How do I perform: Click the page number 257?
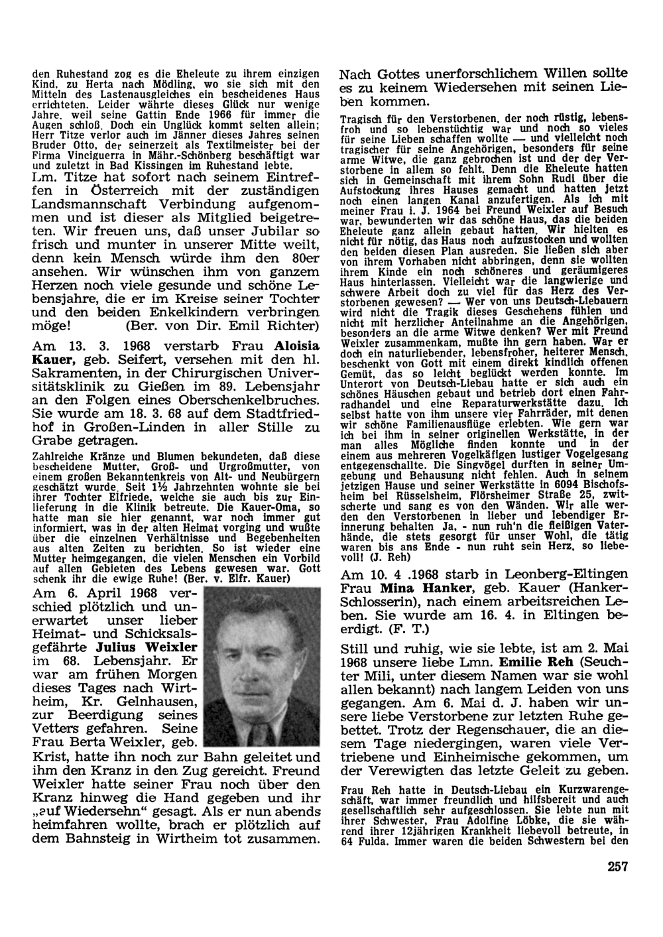tap(616, 864)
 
